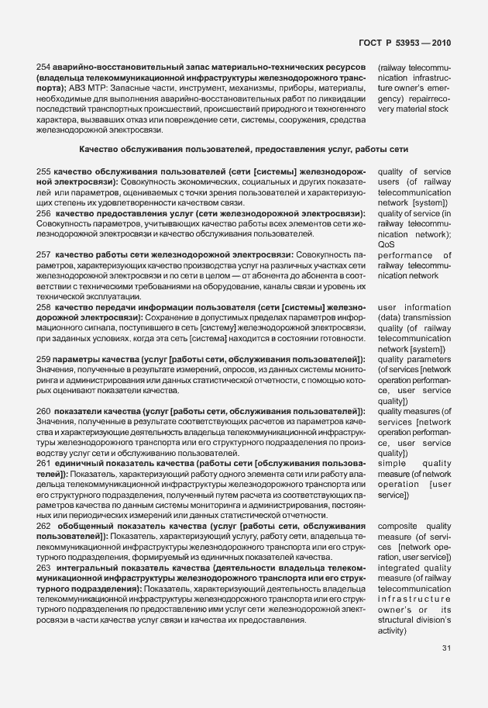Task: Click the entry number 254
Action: click(x=44, y=68)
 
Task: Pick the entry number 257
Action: click(x=44, y=254)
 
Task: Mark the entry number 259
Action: click(x=44, y=359)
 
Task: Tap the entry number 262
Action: click(x=44, y=527)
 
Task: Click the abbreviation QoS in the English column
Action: click(x=386, y=244)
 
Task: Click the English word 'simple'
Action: click(x=392, y=464)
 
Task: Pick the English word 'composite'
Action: click(x=398, y=527)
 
